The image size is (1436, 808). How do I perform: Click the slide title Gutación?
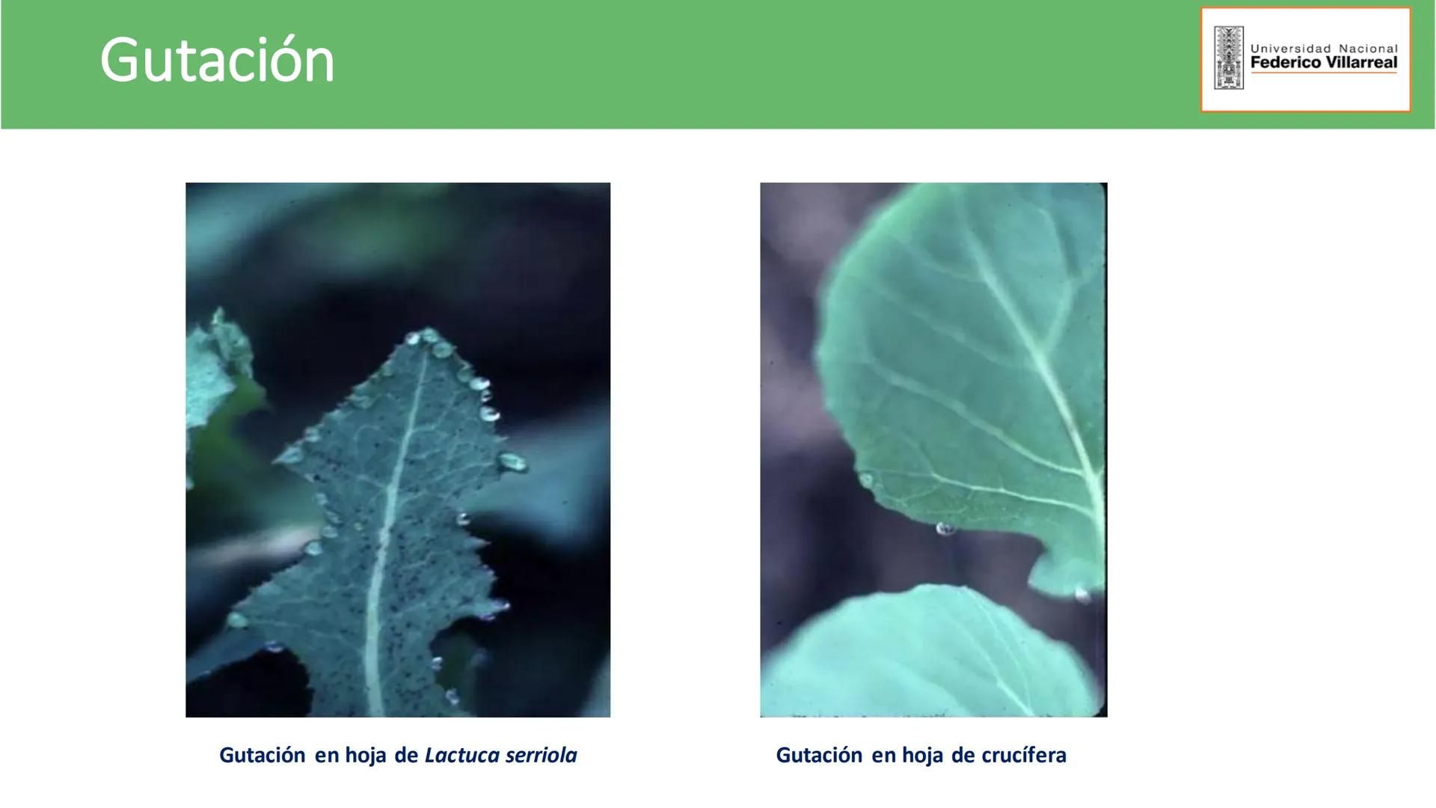click(217, 61)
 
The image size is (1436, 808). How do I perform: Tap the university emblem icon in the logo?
click(1229, 58)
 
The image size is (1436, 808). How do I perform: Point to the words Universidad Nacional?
click(1324, 48)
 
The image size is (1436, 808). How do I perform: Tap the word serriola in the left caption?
click(541, 755)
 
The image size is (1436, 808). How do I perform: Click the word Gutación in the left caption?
click(262, 755)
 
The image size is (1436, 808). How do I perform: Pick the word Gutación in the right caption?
click(819, 755)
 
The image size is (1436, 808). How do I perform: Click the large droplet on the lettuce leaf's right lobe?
click(513, 462)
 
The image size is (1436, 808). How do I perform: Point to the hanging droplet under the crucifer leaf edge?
click(945, 529)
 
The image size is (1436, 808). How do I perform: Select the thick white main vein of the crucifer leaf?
click(1047, 374)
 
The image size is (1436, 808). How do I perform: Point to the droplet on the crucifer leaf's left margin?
click(866, 480)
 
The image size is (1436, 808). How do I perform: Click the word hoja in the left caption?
click(366, 755)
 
